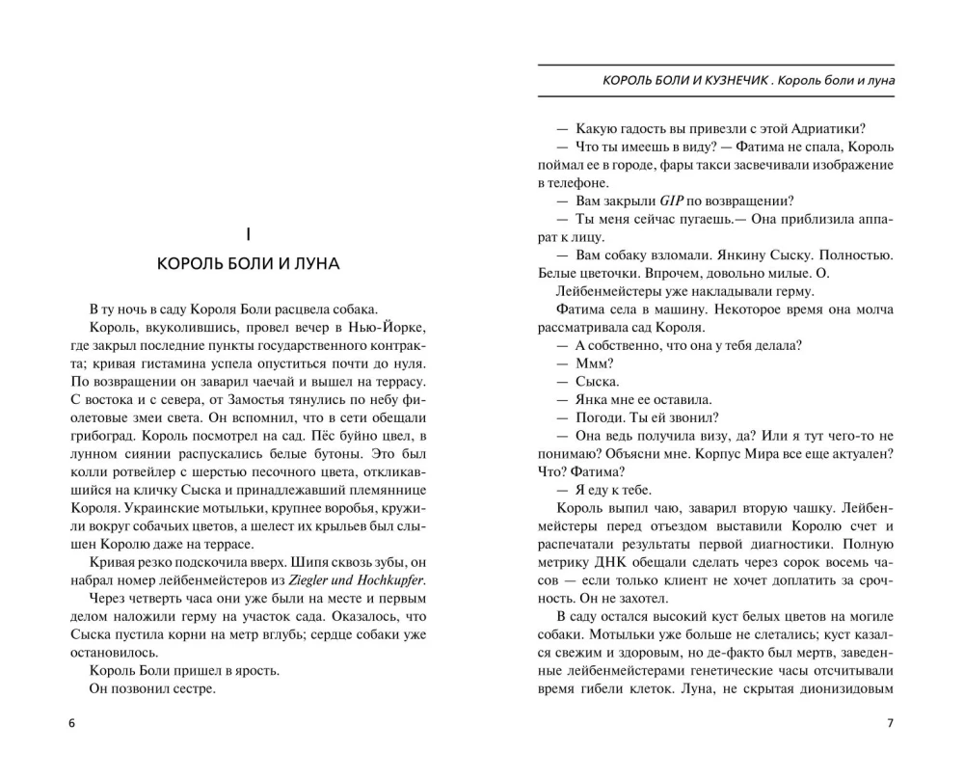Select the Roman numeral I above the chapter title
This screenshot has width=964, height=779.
(x=249, y=232)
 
